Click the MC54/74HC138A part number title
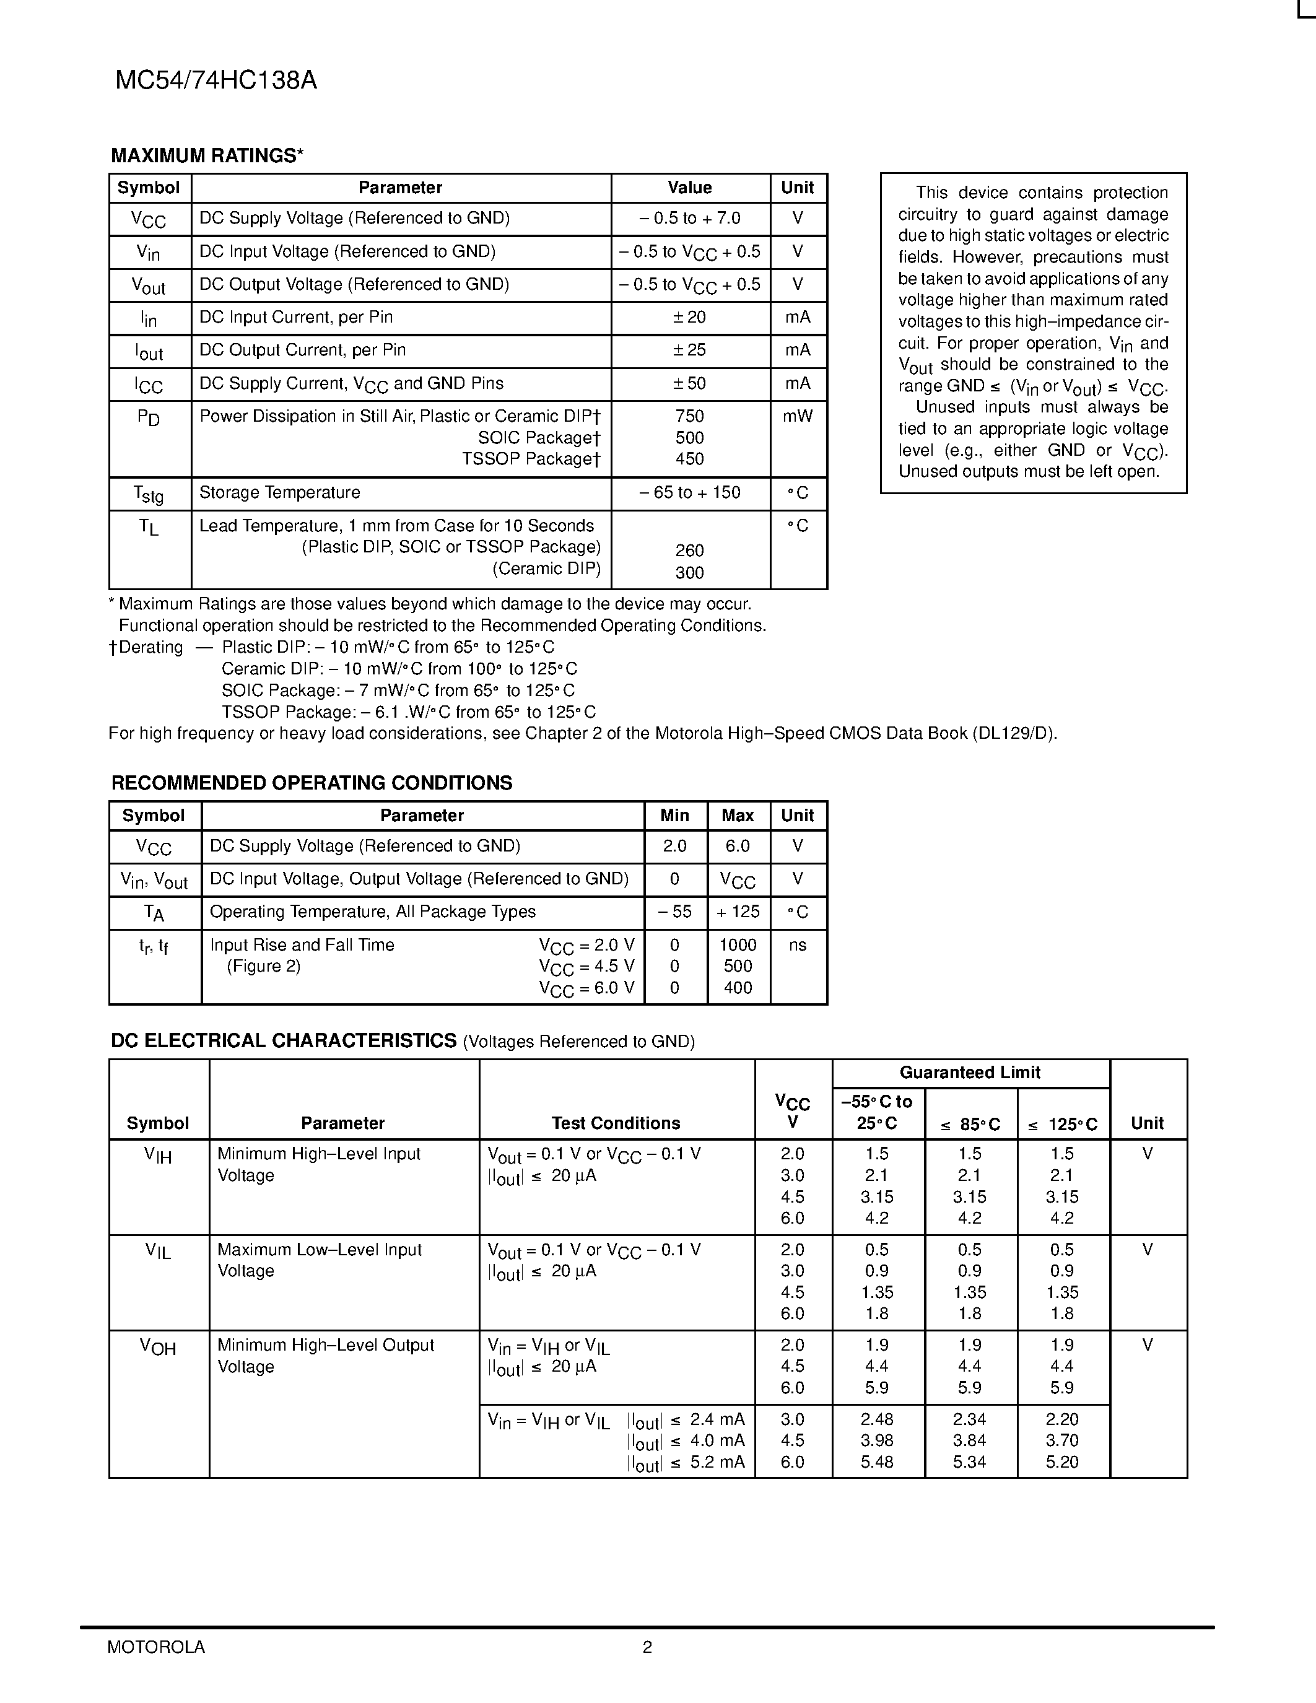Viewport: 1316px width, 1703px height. pos(216,81)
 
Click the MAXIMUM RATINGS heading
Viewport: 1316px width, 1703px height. pos(207,156)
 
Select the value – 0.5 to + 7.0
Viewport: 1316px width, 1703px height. pos(689,219)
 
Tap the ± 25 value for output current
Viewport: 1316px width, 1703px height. pos(689,350)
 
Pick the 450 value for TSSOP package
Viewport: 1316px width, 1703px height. pos(689,460)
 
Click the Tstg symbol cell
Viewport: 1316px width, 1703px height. pos(149,494)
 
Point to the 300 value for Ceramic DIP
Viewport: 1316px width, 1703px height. pos(689,572)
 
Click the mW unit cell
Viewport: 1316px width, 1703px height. pos(797,416)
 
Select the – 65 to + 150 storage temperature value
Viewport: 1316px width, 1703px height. pos(689,493)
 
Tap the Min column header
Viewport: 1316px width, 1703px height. pos(674,816)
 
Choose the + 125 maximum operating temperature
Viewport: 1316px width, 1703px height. pos(738,912)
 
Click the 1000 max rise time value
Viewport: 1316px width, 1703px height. pos(738,945)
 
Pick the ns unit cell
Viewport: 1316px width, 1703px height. pos(797,945)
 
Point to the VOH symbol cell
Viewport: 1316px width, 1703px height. pos(159,1347)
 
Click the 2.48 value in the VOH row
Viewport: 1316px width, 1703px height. pos(877,1419)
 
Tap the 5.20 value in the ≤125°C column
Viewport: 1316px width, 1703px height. pos(1062,1462)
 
